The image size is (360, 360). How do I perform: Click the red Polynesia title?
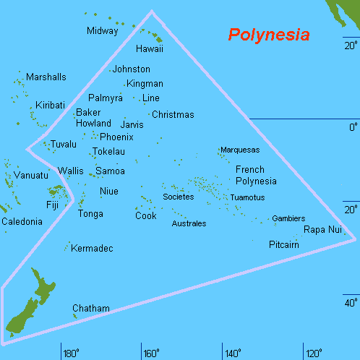tap(269, 35)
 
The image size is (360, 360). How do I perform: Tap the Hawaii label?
tap(150, 49)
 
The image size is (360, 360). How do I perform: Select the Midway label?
tap(102, 30)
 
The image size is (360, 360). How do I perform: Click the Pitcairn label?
tap(283, 245)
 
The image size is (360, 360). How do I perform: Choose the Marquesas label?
tap(239, 150)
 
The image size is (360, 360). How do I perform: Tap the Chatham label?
tap(91, 309)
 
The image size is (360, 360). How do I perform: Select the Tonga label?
tap(90, 214)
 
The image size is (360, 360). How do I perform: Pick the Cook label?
tap(146, 215)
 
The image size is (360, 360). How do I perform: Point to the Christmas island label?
tap(173, 115)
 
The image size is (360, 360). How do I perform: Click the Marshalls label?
tap(46, 77)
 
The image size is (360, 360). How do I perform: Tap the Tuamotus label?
tap(247, 197)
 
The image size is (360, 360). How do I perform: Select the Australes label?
tap(189, 224)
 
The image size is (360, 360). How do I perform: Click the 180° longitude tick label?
tap(71, 353)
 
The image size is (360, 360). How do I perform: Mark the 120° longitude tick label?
tap(314, 353)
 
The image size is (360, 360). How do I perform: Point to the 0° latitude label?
tap(353, 127)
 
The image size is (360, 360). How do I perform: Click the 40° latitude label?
tap(351, 303)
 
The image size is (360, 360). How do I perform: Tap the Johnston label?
tap(132, 69)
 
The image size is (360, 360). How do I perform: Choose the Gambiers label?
tap(288, 218)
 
